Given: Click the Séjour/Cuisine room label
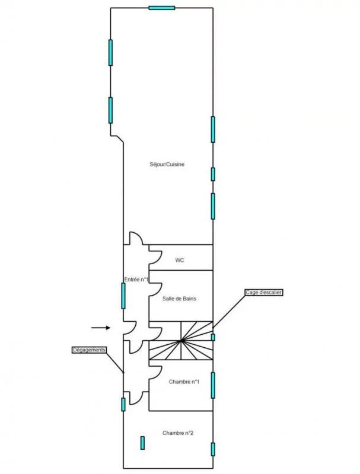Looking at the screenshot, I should pyautogui.click(x=167, y=164).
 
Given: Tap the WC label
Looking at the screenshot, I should pyautogui.click(x=180, y=260).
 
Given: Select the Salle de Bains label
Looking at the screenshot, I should pyautogui.click(x=180, y=299).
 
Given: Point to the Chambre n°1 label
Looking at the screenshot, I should pyautogui.click(x=184, y=382).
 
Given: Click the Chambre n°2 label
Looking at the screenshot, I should pyautogui.click(x=179, y=433).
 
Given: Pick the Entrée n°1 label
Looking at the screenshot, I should pyautogui.click(x=136, y=279).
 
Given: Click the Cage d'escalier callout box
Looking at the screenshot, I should pyautogui.click(x=264, y=292).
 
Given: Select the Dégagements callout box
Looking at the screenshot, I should pyautogui.click(x=89, y=350).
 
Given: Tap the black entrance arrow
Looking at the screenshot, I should pyautogui.click(x=101, y=327).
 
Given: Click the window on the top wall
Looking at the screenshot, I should pyautogui.click(x=161, y=8).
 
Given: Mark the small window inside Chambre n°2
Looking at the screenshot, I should pyautogui.click(x=142, y=443).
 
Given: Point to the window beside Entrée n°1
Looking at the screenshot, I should pyautogui.click(x=123, y=295).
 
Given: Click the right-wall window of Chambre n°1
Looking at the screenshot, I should pyautogui.click(x=213, y=385).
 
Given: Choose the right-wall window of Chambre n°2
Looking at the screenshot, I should pyautogui.click(x=213, y=449).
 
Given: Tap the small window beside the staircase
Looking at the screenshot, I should pyautogui.click(x=213, y=337).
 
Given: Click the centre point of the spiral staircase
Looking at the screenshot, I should pyautogui.click(x=182, y=341).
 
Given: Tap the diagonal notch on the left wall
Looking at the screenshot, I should pyautogui.click(x=117, y=139).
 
